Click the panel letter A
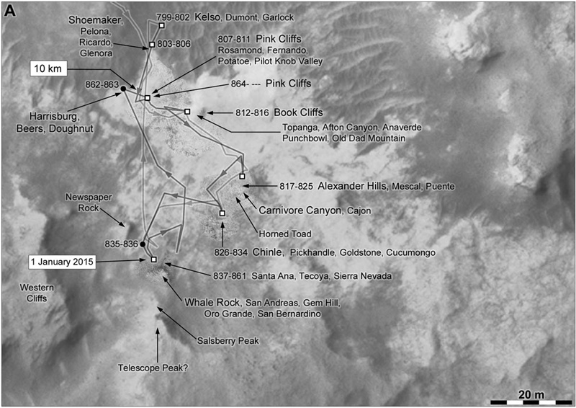click(10, 11)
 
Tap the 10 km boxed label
click(48, 68)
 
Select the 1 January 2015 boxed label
click(62, 262)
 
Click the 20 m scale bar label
click(531, 395)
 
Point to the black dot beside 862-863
click(123, 89)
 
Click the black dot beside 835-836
click(143, 244)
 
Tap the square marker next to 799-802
click(161, 25)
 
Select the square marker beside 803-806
click(152, 45)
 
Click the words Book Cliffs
click(298, 112)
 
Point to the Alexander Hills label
click(353, 186)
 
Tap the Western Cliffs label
click(37, 293)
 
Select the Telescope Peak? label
click(153, 368)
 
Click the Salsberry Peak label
click(228, 341)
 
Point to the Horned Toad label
click(285, 234)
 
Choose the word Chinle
click(268, 252)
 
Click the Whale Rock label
click(212, 303)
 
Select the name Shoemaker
click(96, 20)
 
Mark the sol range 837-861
click(230, 276)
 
